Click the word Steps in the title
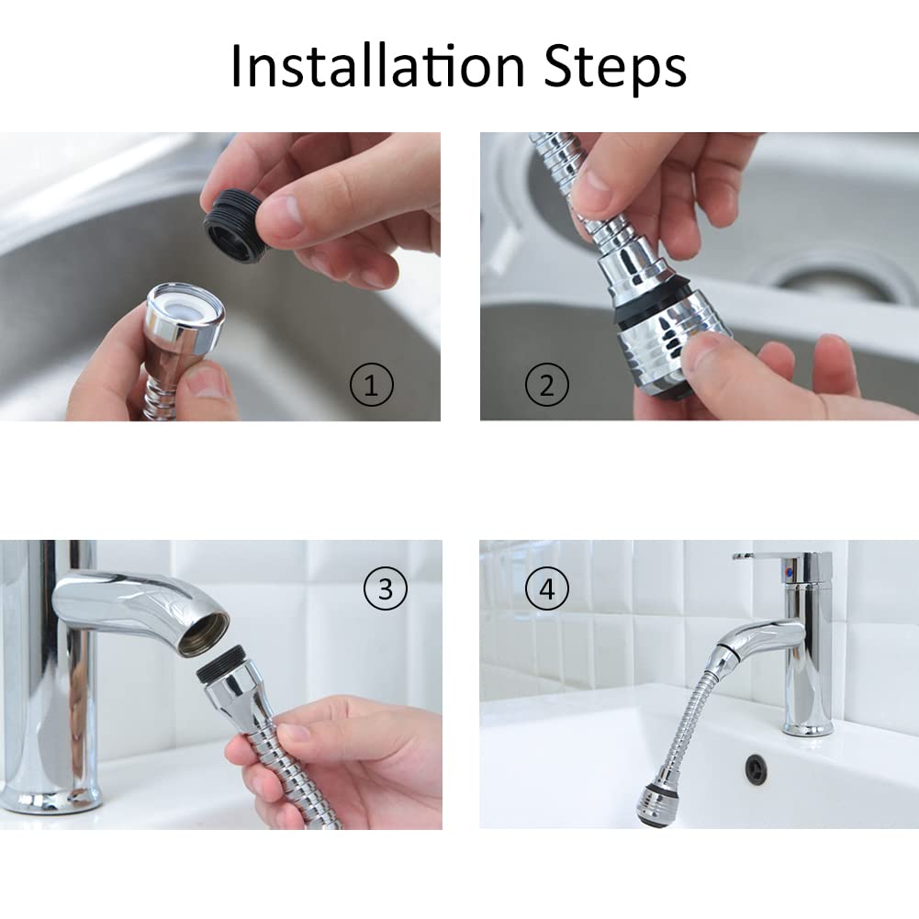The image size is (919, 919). click(615, 69)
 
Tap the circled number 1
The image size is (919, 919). click(372, 385)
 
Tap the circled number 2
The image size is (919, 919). click(547, 385)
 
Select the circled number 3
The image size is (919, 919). click(385, 588)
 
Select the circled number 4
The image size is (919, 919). click(546, 588)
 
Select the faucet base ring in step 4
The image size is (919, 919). click(809, 729)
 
